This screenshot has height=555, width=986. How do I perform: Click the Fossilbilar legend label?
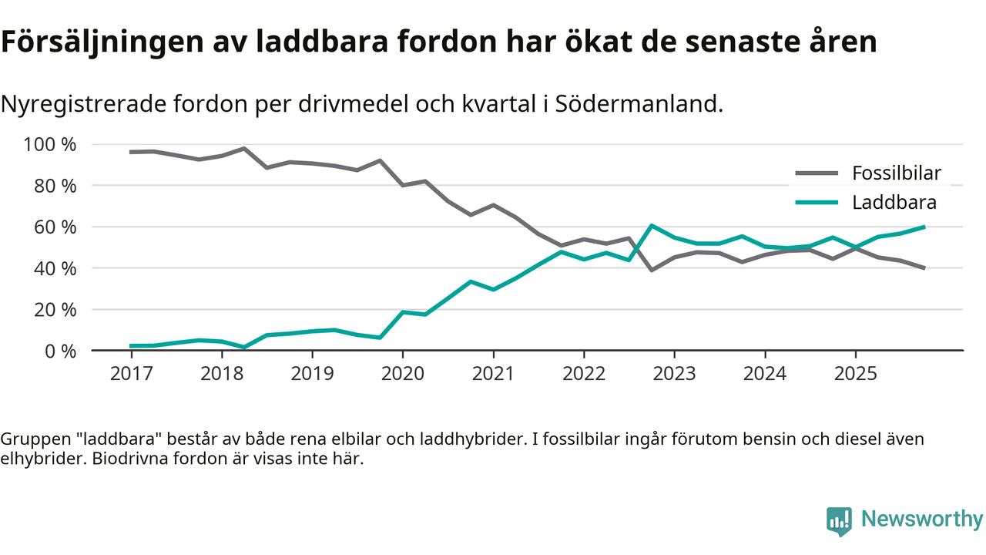click(x=896, y=173)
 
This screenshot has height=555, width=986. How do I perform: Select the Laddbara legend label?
click(x=894, y=203)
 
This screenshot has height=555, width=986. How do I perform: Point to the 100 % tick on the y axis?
click(x=51, y=145)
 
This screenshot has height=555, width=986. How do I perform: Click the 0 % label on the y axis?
click(x=60, y=351)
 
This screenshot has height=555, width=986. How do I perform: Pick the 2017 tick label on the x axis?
click(x=132, y=374)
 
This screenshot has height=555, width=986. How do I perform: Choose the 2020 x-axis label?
click(x=403, y=374)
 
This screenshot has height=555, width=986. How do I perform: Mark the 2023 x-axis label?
click(x=674, y=374)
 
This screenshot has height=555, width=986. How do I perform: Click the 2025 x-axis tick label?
click(x=855, y=374)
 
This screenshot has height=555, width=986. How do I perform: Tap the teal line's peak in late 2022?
click(x=652, y=226)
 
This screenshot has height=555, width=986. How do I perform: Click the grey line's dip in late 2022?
click(x=652, y=270)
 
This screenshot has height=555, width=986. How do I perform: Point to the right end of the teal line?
click(x=924, y=227)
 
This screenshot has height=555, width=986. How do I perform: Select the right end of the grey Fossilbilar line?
click(x=924, y=268)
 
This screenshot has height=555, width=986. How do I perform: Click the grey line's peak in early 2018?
click(x=244, y=148)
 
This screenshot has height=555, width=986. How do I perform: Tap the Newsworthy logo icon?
click(x=839, y=521)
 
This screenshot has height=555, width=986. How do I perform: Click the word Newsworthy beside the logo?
click(x=922, y=519)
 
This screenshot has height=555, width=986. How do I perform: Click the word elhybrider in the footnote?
click(x=35, y=459)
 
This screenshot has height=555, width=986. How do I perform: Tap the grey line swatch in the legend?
click(x=816, y=173)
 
